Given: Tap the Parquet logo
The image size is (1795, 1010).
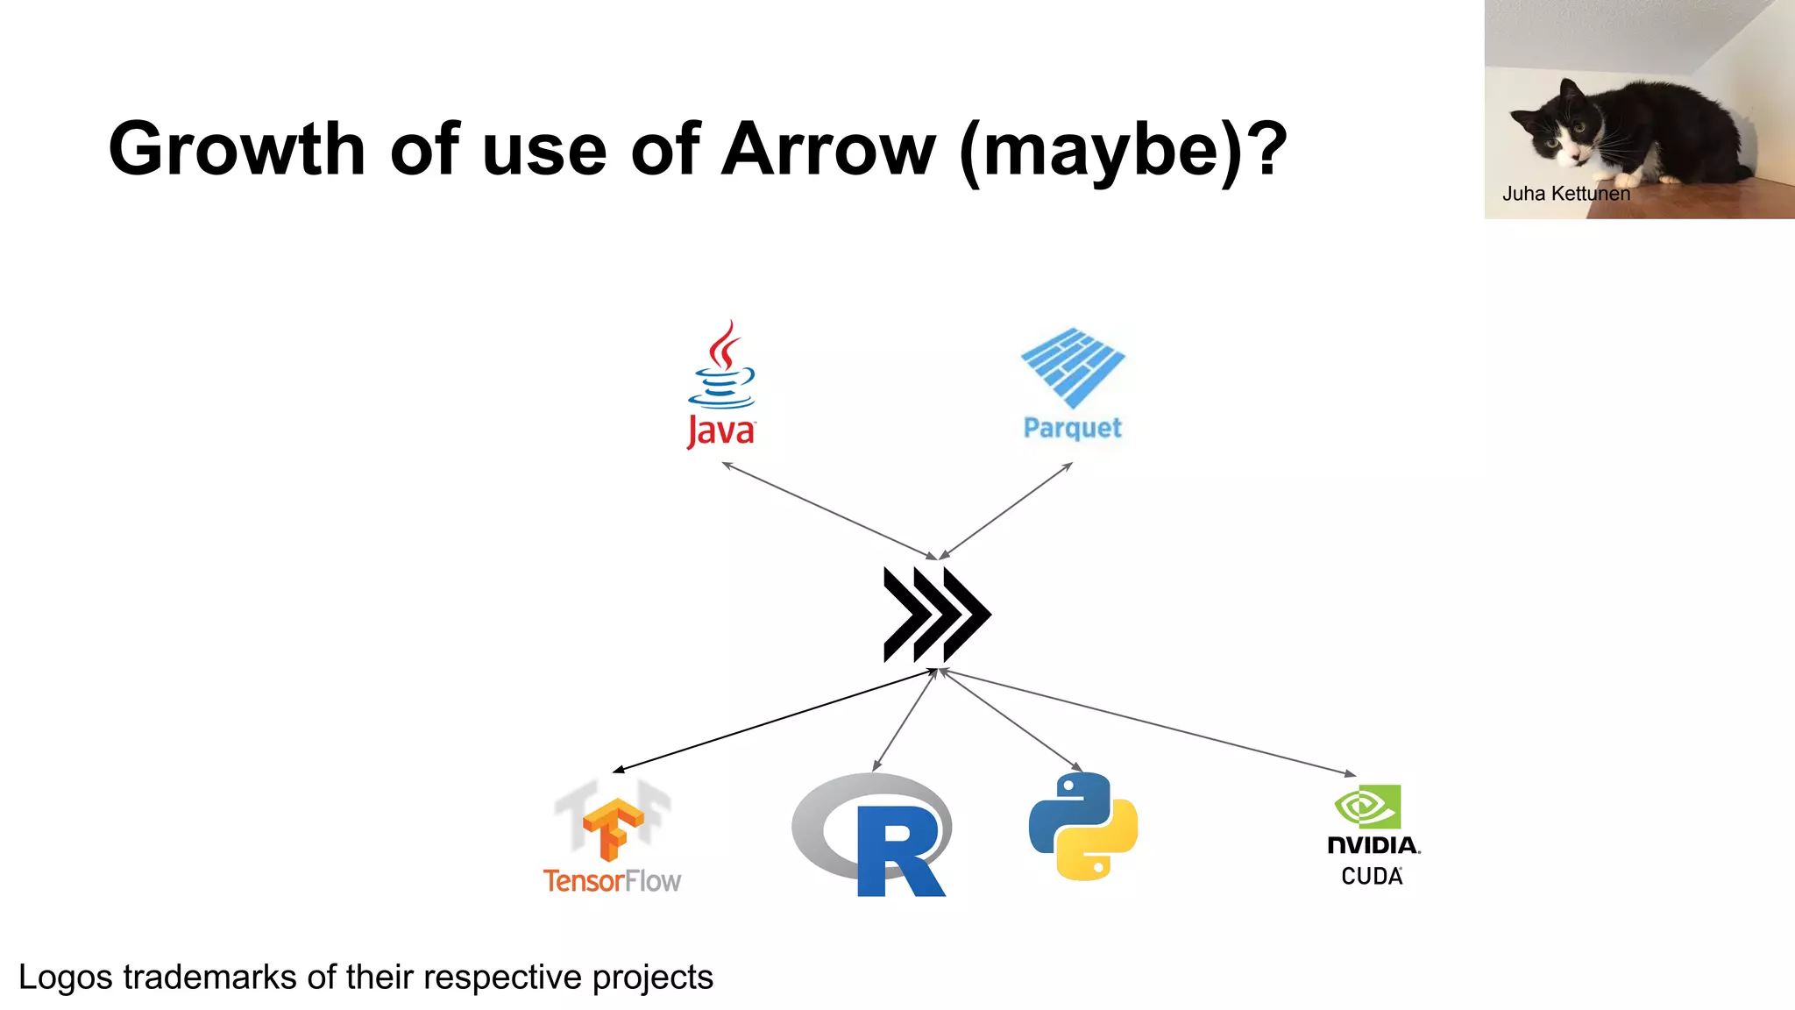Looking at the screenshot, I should [x=1073, y=382].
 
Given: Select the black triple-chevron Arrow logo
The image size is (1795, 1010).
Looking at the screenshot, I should [x=936, y=614].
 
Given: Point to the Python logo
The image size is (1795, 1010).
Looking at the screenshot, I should [x=1083, y=826].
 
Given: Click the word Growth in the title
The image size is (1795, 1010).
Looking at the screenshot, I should [x=237, y=149].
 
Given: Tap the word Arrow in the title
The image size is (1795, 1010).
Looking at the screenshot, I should [x=829, y=149].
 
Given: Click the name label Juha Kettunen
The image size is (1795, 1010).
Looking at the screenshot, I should [x=1566, y=194].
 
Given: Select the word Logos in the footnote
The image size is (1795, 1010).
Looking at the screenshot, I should [x=65, y=977].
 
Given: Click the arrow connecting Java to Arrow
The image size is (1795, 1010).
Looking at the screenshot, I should [x=829, y=510].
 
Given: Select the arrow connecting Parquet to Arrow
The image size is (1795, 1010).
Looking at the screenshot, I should [x=1006, y=510].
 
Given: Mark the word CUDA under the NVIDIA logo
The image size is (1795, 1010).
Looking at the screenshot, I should [x=1372, y=876].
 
